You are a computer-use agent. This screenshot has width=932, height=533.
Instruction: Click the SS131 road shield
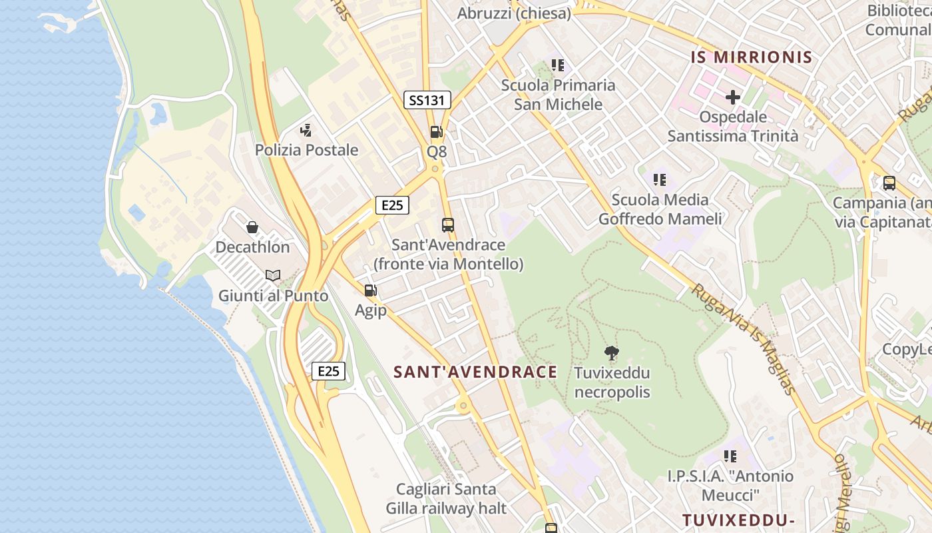coord(427,101)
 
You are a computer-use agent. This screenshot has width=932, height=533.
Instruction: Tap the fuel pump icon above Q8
coord(436,132)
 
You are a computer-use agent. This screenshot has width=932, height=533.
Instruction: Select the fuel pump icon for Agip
coord(371,290)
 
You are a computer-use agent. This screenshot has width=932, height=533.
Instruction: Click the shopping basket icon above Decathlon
coord(252,228)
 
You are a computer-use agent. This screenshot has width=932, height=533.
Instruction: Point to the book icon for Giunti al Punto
coord(273,275)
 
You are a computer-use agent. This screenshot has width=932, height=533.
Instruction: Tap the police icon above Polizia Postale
coord(306,131)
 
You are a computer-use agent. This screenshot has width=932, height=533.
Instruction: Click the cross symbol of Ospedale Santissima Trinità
coord(732,97)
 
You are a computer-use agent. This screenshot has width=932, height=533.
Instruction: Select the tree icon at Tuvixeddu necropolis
coord(611,353)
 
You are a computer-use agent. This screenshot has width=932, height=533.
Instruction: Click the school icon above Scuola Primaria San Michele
coord(558,65)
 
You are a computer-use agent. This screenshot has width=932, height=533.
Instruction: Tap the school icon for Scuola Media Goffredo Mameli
coord(660,179)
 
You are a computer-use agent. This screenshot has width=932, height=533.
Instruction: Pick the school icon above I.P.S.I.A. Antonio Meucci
coord(730,456)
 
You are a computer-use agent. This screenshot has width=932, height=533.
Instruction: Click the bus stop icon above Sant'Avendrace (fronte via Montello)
coord(448,225)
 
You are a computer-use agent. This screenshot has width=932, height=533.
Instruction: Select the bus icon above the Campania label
coord(889,183)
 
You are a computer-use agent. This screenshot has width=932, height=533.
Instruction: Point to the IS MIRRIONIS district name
coord(752,57)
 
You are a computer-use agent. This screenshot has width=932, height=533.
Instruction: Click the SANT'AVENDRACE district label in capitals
coord(475,372)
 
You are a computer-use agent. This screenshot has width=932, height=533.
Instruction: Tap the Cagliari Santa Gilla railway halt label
coord(446,498)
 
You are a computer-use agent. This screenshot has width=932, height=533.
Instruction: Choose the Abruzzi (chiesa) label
coord(514,13)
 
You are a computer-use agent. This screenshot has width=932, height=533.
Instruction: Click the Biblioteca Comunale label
coord(899,20)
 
